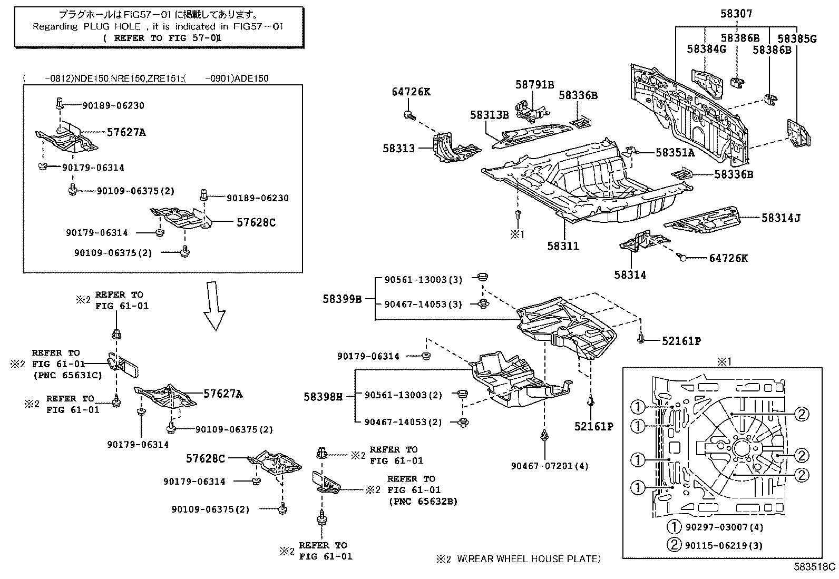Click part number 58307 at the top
(x=736, y=14)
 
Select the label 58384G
(x=706, y=49)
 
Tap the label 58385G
(x=797, y=38)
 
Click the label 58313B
(x=490, y=116)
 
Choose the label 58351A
(x=675, y=153)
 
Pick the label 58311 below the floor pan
(x=563, y=246)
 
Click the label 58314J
(x=781, y=217)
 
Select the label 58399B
(x=342, y=299)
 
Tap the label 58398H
(x=323, y=396)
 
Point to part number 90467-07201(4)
(x=550, y=466)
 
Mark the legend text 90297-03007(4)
(x=724, y=527)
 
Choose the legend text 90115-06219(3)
(x=724, y=545)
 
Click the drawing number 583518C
(x=815, y=567)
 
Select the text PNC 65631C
(x=68, y=376)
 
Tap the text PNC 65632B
(x=423, y=501)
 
